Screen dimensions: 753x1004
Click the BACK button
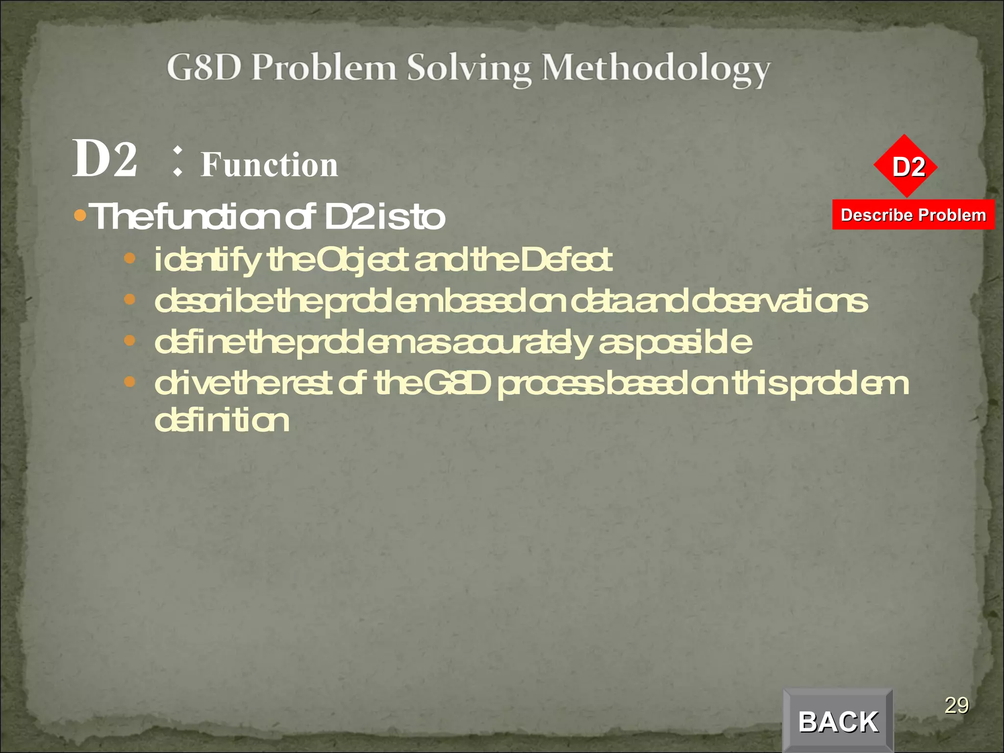pyautogui.click(x=838, y=721)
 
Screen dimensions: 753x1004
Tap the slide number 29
pyautogui.click(x=956, y=705)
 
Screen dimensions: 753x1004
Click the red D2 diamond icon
pyautogui.click(x=905, y=167)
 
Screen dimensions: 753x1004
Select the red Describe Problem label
pyautogui.click(x=913, y=215)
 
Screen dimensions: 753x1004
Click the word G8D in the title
pyautogui.click(x=204, y=67)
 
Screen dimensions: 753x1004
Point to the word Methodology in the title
pyautogui.click(x=655, y=69)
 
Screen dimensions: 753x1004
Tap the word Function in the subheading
pyautogui.click(x=269, y=165)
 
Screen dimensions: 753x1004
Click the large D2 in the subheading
pyautogui.click(x=105, y=159)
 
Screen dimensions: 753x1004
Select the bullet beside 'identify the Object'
pyautogui.click(x=129, y=258)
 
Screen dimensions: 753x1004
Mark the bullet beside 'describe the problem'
pyautogui.click(x=129, y=299)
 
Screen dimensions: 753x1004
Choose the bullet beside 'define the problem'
pyautogui.click(x=129, y=340)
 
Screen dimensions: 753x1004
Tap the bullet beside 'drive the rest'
pyautogui.click(x=129, y=381)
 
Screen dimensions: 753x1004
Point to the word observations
pyautogui.click(x=779, y=301)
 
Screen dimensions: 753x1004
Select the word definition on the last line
pyautogui.click(x=222, y=421)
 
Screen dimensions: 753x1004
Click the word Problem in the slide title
pyautogui.click(x=324, y=67)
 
